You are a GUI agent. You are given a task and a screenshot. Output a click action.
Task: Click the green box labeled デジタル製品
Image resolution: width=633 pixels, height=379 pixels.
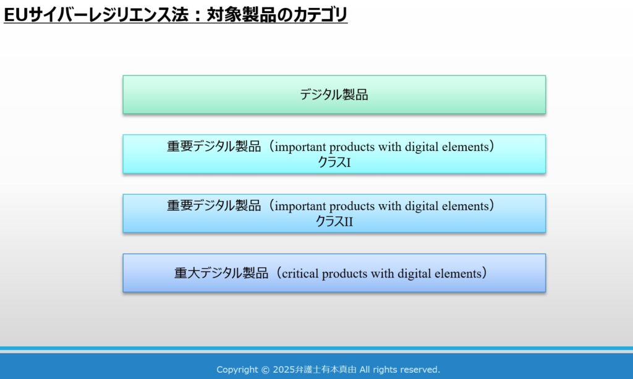point(334,95)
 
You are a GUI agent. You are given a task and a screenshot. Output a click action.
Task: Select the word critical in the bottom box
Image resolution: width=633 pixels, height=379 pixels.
point(300,274)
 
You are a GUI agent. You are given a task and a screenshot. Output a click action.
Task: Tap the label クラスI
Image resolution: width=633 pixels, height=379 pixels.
point(334,162)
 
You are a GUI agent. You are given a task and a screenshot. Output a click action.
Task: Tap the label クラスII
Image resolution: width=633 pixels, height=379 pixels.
point(334,221)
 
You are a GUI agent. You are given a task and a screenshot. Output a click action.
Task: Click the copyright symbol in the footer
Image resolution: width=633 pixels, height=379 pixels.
point(265,370)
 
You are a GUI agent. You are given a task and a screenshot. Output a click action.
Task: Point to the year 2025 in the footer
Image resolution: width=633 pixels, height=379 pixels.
point(284,370)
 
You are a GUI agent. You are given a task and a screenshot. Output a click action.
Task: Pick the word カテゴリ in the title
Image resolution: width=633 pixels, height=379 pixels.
point(320,15)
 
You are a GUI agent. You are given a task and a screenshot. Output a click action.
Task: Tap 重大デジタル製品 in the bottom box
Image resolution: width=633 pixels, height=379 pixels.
point(221,273)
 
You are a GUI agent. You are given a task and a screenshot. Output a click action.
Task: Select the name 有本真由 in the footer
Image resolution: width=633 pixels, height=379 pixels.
point(339,370)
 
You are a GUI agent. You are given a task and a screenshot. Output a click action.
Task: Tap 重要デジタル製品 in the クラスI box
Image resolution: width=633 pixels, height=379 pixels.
point(214,146)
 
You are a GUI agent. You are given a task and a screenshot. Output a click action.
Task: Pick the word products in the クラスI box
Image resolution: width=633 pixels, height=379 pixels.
point(352,147)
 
